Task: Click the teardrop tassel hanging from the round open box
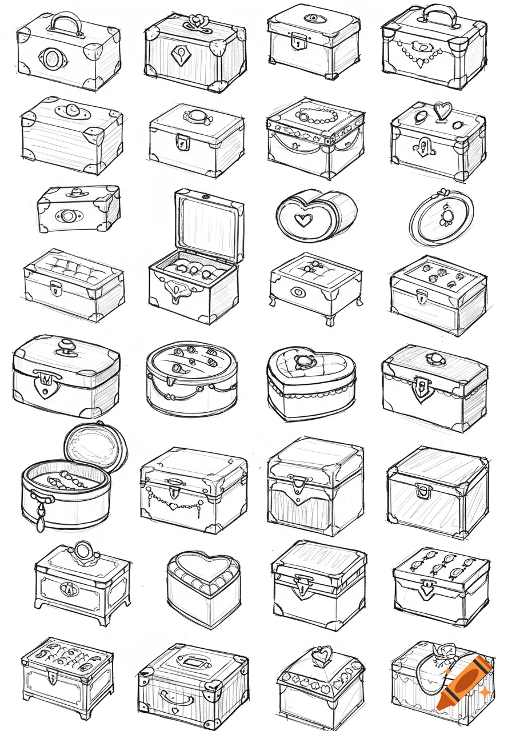[41, 521]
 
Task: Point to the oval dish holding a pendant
[442, 216]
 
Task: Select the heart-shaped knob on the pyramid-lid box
[322, 654]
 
